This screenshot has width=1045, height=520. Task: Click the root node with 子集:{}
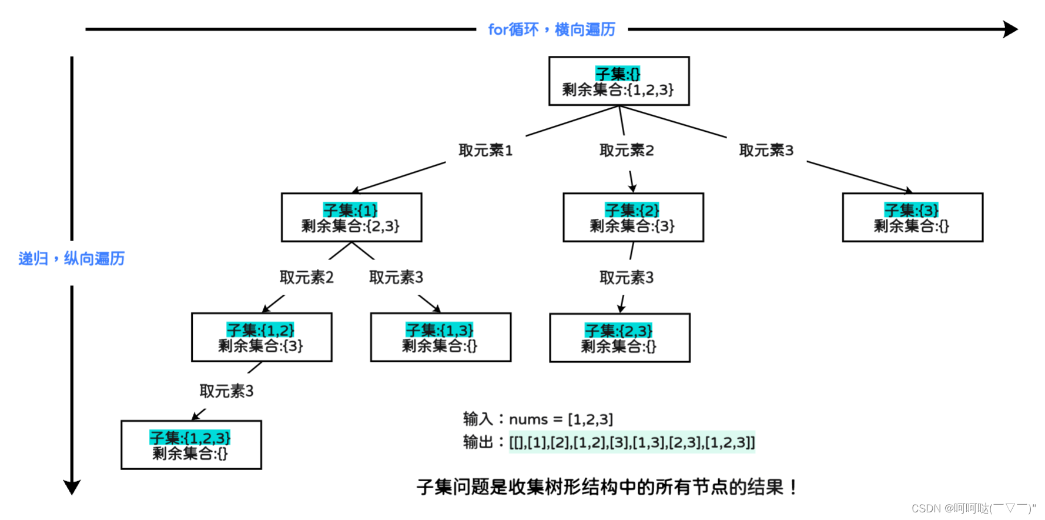click(618, 81)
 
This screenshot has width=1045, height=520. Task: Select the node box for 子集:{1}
click(351, 217)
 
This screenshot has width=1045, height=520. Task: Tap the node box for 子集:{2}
click(633, 217)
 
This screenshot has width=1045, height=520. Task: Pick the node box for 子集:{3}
click(912, 217)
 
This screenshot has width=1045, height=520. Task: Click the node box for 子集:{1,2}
click(262, 337)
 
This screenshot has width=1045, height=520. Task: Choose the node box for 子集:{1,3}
click(440, 337)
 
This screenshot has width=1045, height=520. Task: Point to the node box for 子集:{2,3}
click(619, 338)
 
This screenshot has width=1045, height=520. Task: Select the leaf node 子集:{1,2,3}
click(191, 445)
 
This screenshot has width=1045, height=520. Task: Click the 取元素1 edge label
click(485, 151)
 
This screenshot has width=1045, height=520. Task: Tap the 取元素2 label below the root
click(627, 151)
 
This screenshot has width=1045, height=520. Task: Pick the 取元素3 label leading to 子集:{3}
click(766, 151)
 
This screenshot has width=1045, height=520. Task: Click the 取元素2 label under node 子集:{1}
click(306, 277)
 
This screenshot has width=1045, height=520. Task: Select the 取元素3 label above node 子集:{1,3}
click(396, 277)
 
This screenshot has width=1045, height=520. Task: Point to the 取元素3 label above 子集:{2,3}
click(627, 277)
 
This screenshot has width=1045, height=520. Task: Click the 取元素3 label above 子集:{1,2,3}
click(226, 391)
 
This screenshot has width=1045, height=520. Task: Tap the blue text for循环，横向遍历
click(551, 29)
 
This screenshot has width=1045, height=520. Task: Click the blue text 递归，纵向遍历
click(71, 258)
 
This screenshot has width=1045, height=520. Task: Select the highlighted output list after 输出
click(632, 442)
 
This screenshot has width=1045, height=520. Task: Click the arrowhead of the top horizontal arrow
click(1010, 29)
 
